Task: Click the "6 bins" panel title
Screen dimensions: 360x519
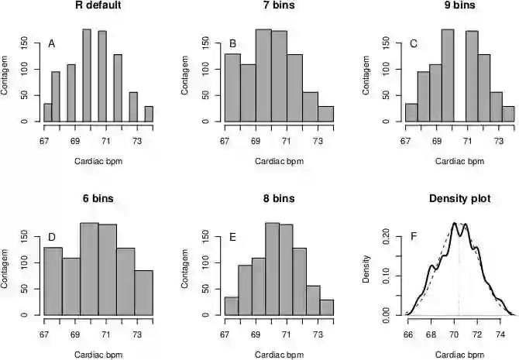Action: click(98, 199)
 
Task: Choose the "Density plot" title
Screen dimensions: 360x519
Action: click(459, 199)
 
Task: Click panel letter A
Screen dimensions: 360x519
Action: click(52, 43)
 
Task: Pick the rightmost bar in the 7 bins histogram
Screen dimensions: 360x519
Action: click(326, 114)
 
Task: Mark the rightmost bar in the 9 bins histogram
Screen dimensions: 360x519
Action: click(508, 114)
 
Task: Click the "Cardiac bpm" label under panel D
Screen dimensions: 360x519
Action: click(98, 354)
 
